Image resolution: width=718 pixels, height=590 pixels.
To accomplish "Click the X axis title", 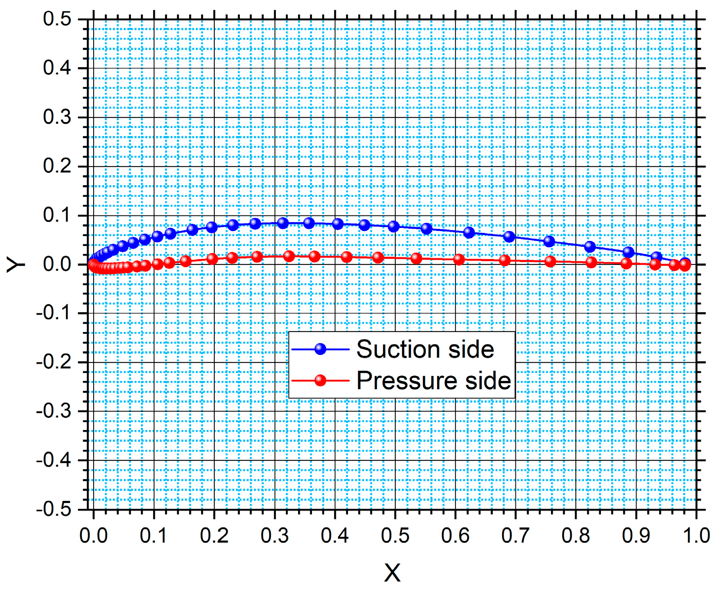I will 392,573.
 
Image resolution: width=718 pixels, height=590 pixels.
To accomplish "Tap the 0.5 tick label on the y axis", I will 57,19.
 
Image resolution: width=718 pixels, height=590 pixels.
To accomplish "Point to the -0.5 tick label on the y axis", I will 54,509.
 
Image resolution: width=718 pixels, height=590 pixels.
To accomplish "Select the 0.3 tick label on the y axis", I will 57,118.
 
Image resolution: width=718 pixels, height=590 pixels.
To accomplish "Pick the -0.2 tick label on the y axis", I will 54,362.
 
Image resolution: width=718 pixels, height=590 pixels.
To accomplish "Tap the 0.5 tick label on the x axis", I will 395,536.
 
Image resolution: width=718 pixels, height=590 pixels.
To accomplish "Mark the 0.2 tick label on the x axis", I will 214,536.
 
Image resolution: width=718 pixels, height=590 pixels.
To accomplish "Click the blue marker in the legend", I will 321,349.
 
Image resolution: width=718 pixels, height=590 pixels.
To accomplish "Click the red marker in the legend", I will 321,381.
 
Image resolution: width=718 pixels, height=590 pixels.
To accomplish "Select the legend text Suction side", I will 425,349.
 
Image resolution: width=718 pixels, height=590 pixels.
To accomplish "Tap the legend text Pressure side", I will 434,381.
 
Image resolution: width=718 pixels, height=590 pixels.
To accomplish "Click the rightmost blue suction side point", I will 685,263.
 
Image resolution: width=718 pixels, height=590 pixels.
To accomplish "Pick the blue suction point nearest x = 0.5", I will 393,227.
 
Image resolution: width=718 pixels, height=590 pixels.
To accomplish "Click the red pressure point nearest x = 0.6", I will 459,259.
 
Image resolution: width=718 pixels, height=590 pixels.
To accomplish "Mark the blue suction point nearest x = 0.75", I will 549,241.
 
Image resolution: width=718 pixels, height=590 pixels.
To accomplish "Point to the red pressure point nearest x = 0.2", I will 212,259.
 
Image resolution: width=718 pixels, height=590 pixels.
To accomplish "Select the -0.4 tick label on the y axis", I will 54,460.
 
